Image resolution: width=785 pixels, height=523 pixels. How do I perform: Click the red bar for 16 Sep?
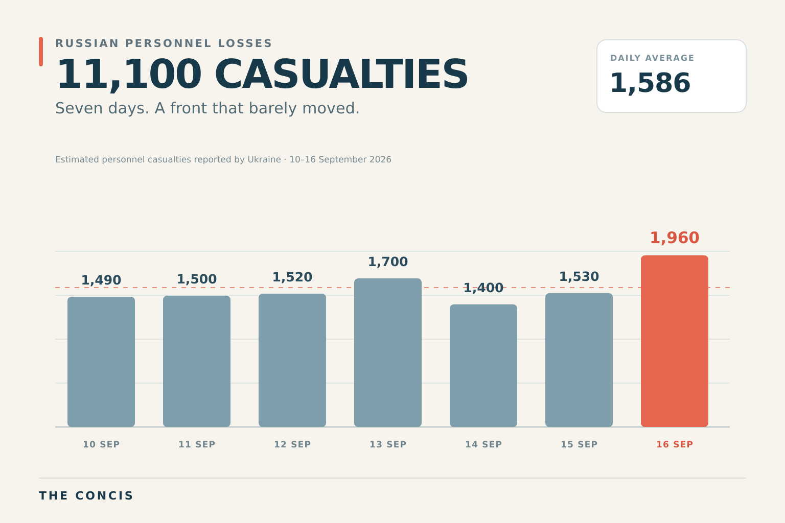674,341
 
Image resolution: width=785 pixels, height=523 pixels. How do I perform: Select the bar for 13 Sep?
387,352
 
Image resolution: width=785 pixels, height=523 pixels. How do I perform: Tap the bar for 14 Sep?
483,365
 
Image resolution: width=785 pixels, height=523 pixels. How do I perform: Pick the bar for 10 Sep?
101,362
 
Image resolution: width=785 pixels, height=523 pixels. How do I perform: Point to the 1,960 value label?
674,238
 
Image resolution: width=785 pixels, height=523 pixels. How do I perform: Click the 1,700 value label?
387,262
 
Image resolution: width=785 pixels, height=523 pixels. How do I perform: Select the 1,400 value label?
483,288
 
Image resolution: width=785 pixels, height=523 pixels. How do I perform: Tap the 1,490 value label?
101,280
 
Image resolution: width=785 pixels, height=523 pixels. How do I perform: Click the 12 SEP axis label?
292,444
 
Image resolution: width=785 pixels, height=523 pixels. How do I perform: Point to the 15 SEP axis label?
579,444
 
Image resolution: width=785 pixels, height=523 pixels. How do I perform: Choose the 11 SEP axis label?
197,444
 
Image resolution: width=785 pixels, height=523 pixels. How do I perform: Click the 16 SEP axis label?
674,444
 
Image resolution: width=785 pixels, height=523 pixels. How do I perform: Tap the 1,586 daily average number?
650,83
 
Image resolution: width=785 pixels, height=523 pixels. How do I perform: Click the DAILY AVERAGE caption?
652,58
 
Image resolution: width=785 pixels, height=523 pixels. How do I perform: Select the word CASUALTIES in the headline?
341,74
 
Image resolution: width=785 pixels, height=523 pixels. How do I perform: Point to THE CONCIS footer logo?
86,496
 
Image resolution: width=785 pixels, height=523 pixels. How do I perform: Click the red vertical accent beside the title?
41,52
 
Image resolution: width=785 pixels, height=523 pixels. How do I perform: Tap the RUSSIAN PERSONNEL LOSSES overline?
164,43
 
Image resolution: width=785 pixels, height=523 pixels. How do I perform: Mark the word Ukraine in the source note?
264,160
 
